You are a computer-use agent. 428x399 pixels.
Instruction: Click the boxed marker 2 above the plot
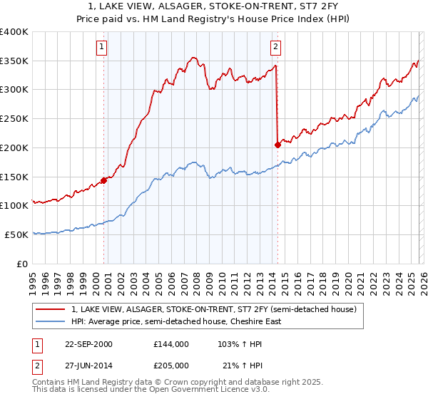tap(275, 48)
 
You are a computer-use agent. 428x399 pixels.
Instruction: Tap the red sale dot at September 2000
tap(103, 180)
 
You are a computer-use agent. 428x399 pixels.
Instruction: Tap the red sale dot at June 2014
tap(277, 145)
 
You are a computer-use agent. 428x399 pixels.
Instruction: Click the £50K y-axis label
tap(16, 234)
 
